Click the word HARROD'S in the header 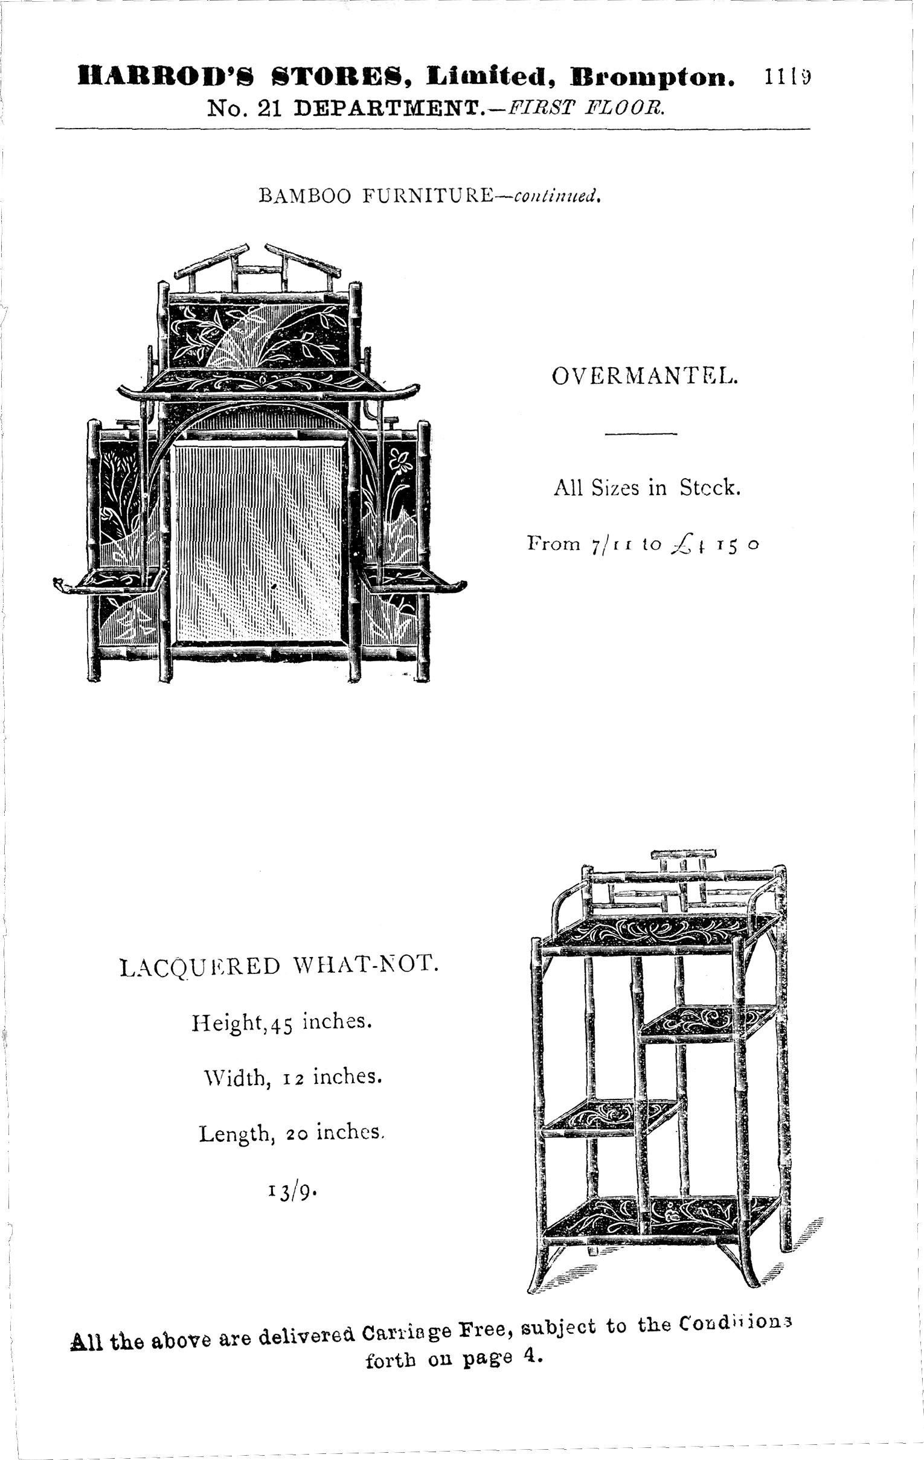(x=165, y=78)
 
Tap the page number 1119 (x=788, y=78)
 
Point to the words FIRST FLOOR (x=586, y=109)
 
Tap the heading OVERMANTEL (x=644, y=377)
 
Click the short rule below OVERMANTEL (x=641, y=434)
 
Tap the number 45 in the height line (x=282, y=1023)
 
